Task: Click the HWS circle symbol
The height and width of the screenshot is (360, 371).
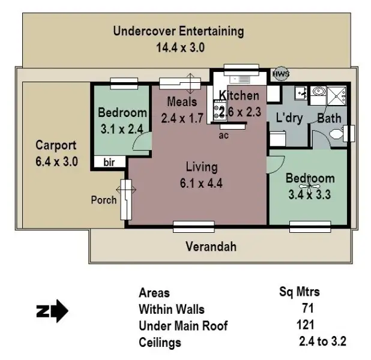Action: (x=280, y=74)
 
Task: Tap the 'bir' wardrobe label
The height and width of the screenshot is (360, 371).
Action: (x=109, y=163)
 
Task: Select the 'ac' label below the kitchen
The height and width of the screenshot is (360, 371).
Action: (x=224, y=135)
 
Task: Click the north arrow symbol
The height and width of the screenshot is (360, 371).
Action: (x=52, y=312)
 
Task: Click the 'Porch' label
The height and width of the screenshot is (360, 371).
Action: (x=104, y=200)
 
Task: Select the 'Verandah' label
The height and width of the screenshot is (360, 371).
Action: (x=210, y=247)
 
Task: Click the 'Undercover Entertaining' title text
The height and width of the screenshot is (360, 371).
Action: (x=178, y=31)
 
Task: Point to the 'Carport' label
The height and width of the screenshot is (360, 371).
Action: (x=56, y=145)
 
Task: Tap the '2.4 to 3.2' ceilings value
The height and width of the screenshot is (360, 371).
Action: (x=322, y=342)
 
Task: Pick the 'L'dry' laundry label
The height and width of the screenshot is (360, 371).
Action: (x=289, y=118)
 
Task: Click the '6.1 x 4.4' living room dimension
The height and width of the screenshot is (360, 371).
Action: (x=201, y=184)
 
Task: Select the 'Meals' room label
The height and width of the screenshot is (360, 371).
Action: (x=182, y=101)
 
